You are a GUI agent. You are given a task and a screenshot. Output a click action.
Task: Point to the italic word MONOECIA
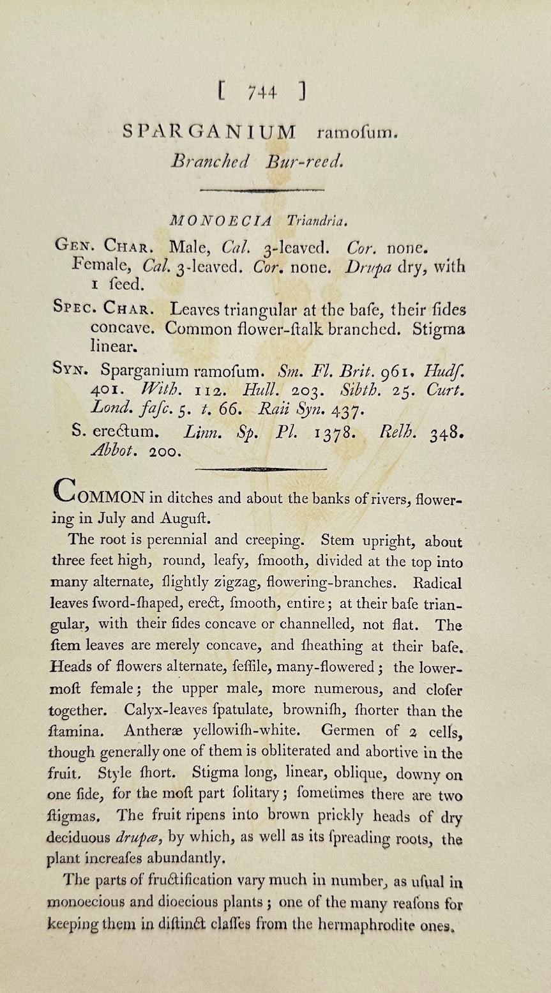coord(220,221)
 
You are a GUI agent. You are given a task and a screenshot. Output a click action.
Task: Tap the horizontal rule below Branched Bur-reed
coord(261,190)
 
